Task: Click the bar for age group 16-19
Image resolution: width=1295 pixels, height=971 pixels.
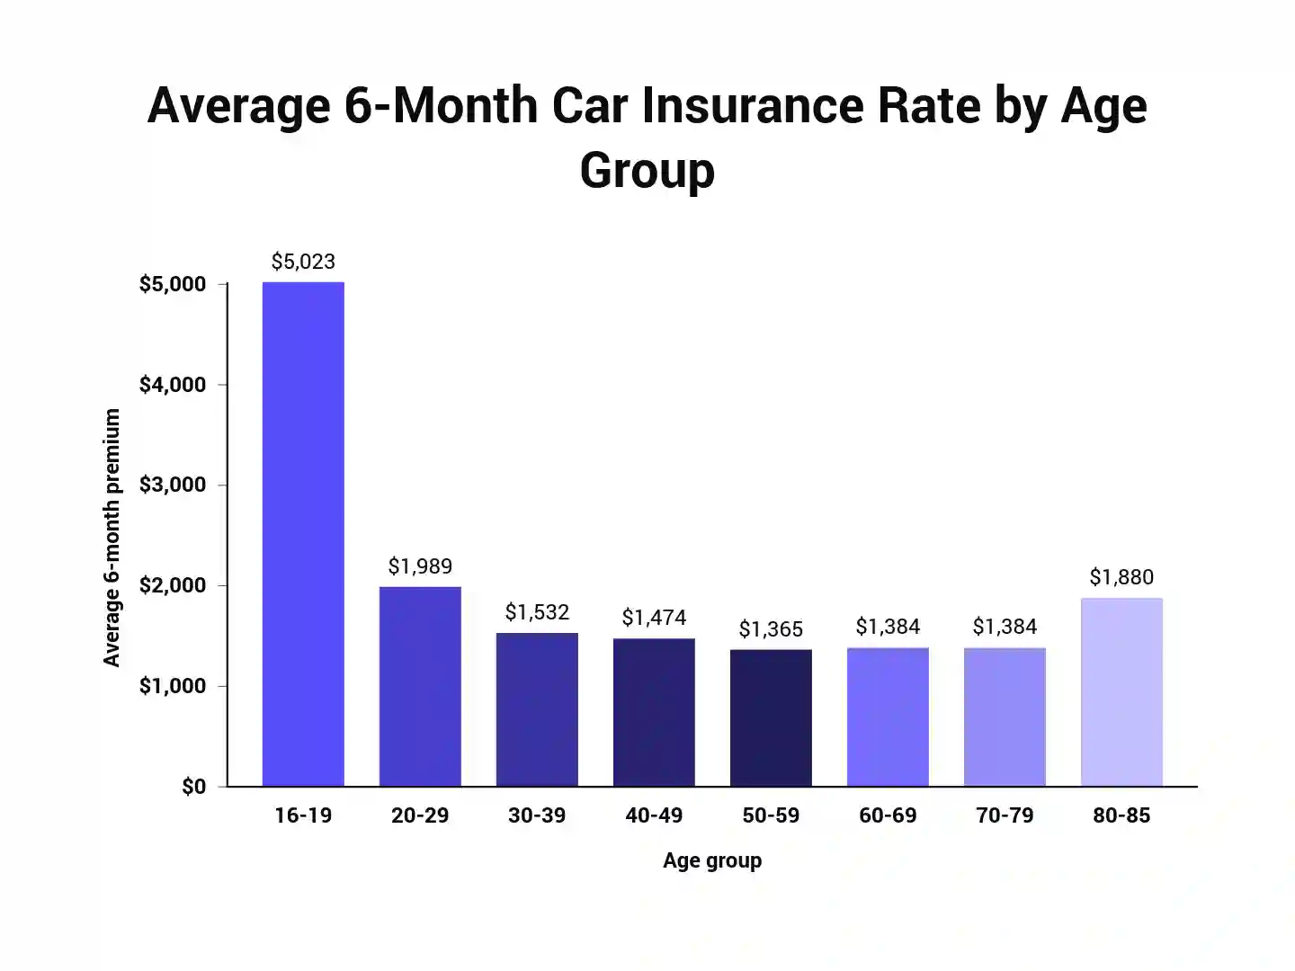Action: coord(303,534)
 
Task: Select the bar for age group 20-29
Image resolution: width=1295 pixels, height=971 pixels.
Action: coord(420,687)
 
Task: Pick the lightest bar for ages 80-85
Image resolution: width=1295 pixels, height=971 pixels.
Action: coord(1121,692)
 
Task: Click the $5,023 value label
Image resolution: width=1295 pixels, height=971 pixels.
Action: coord(303,262)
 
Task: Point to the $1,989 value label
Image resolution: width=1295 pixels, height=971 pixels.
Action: coord(420,566)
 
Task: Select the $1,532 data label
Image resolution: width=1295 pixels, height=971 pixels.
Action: coord(537,612)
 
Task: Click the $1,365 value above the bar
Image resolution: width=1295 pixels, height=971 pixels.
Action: coord(771,629)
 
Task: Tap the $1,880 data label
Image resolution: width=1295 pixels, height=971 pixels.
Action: coord(1121,577)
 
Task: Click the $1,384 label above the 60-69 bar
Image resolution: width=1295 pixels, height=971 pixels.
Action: coord(888,627)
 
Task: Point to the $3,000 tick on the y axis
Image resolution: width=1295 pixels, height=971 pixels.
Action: coord(173,485)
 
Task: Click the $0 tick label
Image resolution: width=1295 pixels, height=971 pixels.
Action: coord(193,787)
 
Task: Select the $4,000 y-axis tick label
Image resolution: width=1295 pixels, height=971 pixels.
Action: coord(173,385)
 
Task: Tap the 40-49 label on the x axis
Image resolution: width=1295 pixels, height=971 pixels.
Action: coord(654,815)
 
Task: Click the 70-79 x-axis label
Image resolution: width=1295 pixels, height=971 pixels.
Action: coord(1005,815)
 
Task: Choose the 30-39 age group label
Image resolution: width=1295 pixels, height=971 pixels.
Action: coord(537,815)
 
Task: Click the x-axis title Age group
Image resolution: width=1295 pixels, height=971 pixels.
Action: coord(712,860)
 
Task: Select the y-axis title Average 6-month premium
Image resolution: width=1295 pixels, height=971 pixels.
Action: coord(112,538)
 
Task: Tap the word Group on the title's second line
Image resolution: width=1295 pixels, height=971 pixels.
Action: coord(647,171)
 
